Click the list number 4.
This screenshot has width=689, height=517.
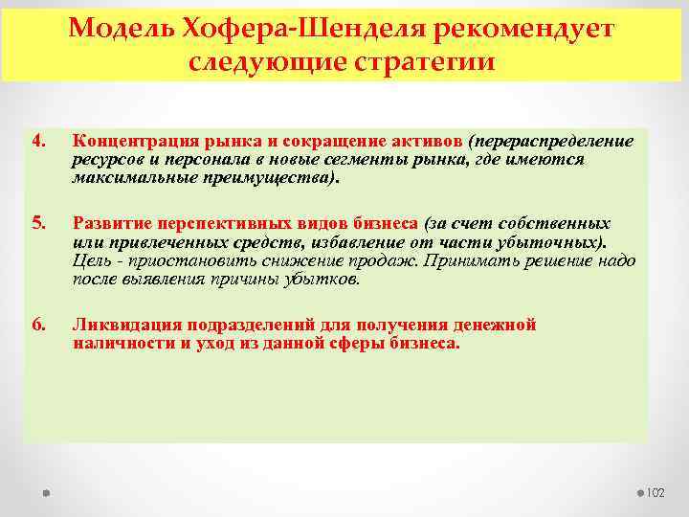pos(38,143)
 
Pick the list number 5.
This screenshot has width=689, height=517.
pos(38,223)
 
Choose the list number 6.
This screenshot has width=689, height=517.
pos(38,325)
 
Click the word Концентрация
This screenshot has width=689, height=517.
pos(129,143)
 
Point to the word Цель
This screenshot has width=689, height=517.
pos(92,260)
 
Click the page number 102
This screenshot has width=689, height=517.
pos(654,492)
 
